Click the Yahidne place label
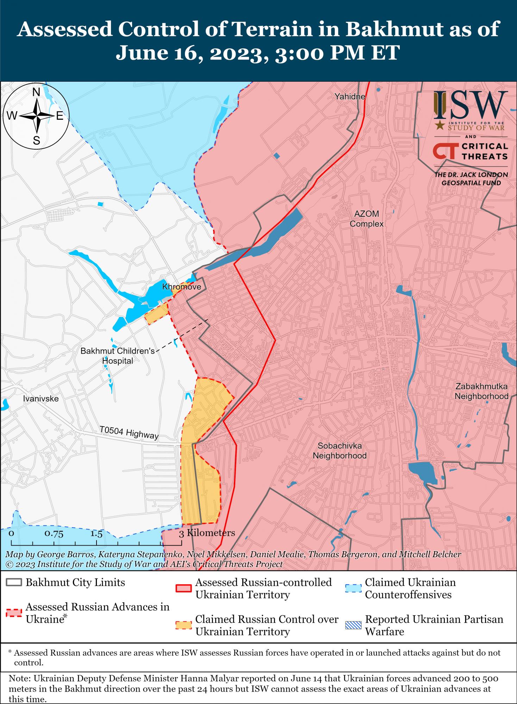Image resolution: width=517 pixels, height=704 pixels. pos(350,96)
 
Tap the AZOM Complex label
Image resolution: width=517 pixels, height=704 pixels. pos(367,219)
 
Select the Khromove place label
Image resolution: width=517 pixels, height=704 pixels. pos(181,287)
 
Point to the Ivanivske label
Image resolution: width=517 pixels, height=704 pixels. pos(41,399)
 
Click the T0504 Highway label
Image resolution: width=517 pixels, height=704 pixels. pos(129,433)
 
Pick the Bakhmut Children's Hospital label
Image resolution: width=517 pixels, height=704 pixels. pos(118,356)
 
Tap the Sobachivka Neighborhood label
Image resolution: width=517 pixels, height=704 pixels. pos(340,451)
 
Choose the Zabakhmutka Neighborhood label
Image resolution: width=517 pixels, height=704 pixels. pos(481,391)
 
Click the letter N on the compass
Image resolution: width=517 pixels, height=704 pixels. pos(36,92)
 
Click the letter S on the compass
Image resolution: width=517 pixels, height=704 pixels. pos(36,141)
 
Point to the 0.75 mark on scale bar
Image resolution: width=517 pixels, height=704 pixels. pos(54,533)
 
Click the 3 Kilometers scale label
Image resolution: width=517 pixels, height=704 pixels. pos(207,533)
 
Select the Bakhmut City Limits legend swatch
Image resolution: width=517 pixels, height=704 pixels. pos(14,583)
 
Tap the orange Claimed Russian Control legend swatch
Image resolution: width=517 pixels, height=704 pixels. pos(183,626)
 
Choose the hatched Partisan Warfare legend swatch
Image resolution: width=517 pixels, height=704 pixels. pos(353,626)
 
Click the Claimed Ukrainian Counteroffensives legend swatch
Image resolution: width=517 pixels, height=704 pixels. pos(353,589)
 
